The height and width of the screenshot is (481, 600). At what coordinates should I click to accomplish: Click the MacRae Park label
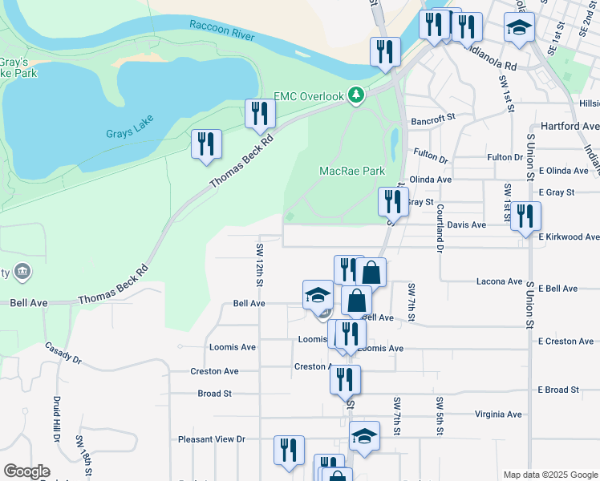tap(352, 171)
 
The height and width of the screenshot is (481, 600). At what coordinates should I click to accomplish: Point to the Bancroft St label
tap(433, 118)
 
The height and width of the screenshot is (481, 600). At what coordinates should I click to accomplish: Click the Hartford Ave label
tap(570, 127)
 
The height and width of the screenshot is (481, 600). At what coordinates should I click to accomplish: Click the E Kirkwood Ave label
tap(569, 237)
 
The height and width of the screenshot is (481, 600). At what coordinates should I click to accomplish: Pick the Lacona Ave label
tap(499, 281)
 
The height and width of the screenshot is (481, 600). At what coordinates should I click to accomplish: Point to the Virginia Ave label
tap(497, 414)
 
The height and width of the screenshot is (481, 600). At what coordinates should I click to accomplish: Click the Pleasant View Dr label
tap(211, 439)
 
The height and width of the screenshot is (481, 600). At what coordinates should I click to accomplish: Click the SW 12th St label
tap(259, 265)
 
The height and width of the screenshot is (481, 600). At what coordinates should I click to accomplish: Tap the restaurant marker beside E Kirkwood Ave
tap(525, 216)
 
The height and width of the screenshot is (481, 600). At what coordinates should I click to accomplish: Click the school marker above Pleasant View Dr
tap(364, 437)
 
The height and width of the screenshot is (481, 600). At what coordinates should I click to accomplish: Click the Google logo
tap(26, 471)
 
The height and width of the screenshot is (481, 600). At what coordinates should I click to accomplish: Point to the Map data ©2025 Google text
tap(549, 475)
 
